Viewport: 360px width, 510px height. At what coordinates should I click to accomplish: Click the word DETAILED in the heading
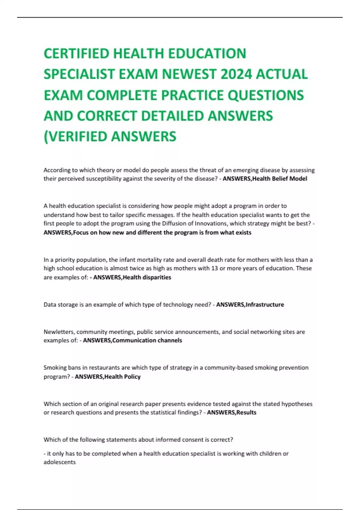coord(172,116)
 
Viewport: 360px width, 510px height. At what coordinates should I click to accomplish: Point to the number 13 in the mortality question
coord(214,268)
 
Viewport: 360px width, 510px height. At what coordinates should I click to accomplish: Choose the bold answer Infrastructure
coord(265,304)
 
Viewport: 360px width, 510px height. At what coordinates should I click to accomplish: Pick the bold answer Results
coord(246,412)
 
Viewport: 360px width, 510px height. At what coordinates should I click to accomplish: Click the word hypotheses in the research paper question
coord(297,404)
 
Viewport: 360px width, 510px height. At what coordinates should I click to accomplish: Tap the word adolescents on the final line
coord(60,462)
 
